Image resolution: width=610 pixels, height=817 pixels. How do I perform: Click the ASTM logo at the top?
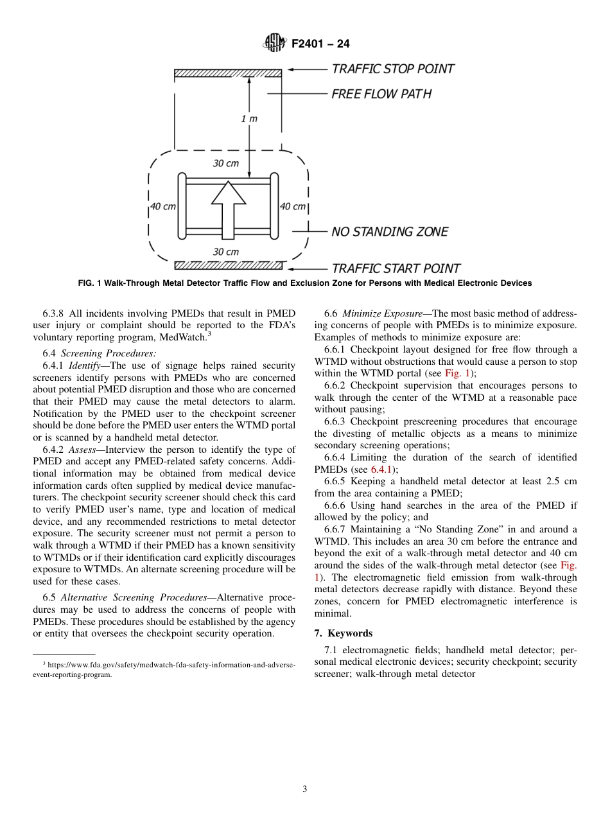pos(275,44)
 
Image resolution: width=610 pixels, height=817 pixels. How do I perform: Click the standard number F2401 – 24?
pos(320,44)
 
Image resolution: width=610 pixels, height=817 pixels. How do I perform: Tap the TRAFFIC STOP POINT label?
pos(392,69)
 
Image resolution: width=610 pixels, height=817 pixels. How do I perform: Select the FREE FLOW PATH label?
pos(381,94)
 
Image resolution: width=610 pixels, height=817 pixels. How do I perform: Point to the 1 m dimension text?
pos(248,119)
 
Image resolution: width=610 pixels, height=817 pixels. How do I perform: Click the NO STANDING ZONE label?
pos(389,232)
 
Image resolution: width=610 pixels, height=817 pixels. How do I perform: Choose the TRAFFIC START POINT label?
pos(396,268)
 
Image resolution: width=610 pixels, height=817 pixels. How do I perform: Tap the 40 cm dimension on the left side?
pos(163,207)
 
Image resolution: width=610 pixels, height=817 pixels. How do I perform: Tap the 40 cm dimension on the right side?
pos(293,207)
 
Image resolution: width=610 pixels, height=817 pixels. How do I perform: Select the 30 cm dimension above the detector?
pos(225,163)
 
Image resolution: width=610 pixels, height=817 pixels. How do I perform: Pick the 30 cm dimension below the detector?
pos(225,252)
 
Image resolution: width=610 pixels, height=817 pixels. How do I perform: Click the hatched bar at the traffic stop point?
pos(227,73)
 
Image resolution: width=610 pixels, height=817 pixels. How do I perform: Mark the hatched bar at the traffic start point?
pos(227,265)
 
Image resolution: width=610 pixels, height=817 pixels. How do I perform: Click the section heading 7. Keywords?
pos(343,633)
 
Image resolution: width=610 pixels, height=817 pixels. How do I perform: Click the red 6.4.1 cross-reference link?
pos(383,470)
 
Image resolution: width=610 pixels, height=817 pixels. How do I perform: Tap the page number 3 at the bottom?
pos(305,789)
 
